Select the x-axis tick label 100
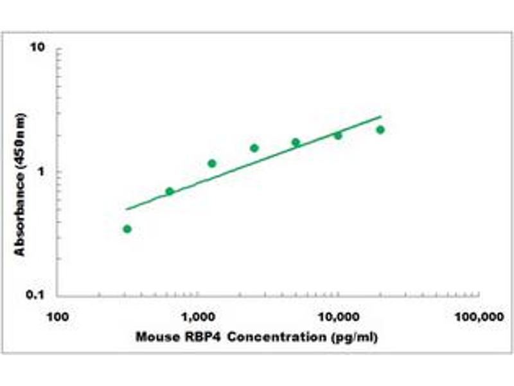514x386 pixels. pyautogui.click(x=57, y=316)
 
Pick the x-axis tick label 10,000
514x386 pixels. pyautogui.click(x=339, y=316)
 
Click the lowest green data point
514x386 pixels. pyautogui.click(x=127, y=229)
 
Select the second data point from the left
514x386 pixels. pyautogui.click(x=170, y=191)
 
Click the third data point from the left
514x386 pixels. pyautogui.click(x=212, y=163)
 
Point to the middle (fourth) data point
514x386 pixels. pyautogui.click(x=254, y=148)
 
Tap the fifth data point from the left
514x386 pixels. pyautogui.click(x=296, y=142)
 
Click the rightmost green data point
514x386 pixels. pyautogui.click(x=380, y=130)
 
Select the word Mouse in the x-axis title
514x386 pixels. pyautogui.click(x=154, y=336)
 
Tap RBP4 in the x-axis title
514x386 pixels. pyautogui.click(x=192, y=336)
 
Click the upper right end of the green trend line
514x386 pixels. pyautogui.click(x=381, y=116)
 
